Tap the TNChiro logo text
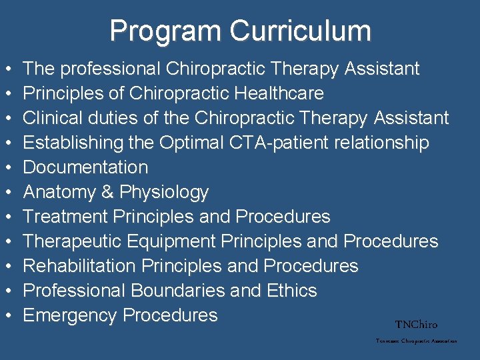point(416,325)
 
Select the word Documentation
point(85,167)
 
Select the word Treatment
point(66,217)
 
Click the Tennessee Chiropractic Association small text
point(416,341)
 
